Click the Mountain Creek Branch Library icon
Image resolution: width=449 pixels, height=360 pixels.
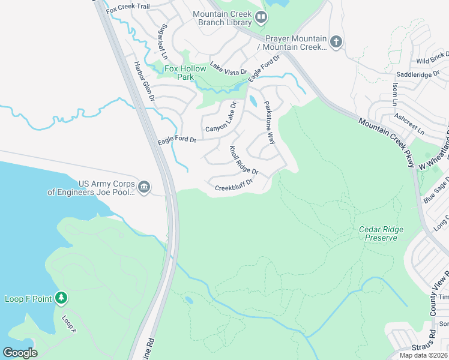point(261,17)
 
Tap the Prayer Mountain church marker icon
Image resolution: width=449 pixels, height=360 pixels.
point(336,41)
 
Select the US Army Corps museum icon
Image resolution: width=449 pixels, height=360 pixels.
point(143,188)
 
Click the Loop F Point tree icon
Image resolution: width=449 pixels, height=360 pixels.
point(61,298)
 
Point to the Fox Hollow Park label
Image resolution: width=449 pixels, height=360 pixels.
point(185,73)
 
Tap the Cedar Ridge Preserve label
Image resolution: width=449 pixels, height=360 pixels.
point(381,233)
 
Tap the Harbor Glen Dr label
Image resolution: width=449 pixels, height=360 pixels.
point(144,81)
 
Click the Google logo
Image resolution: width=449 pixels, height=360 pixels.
point(20,352)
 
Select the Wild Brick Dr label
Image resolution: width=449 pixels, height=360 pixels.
point(432,58)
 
